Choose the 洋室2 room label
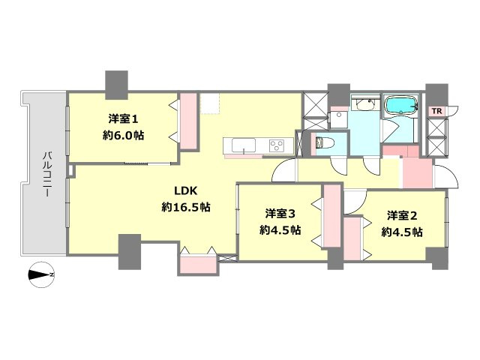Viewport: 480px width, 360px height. coord(402,215)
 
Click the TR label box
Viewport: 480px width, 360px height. coord(435,111)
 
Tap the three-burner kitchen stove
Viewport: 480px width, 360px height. coord(275,145)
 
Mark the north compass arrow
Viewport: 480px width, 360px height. coord(40,275)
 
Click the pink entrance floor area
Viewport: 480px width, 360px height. coord(416,172)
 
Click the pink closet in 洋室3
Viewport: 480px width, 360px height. coord(331,220)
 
